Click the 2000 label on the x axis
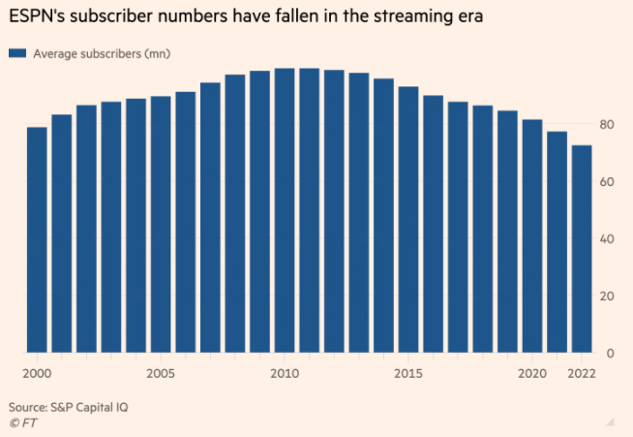tap(37, 373)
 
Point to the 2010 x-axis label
tap(285, 373)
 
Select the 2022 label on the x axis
tap(582, 373)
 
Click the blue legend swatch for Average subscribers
tap(17, 53)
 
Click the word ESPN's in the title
tap(38, 17)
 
